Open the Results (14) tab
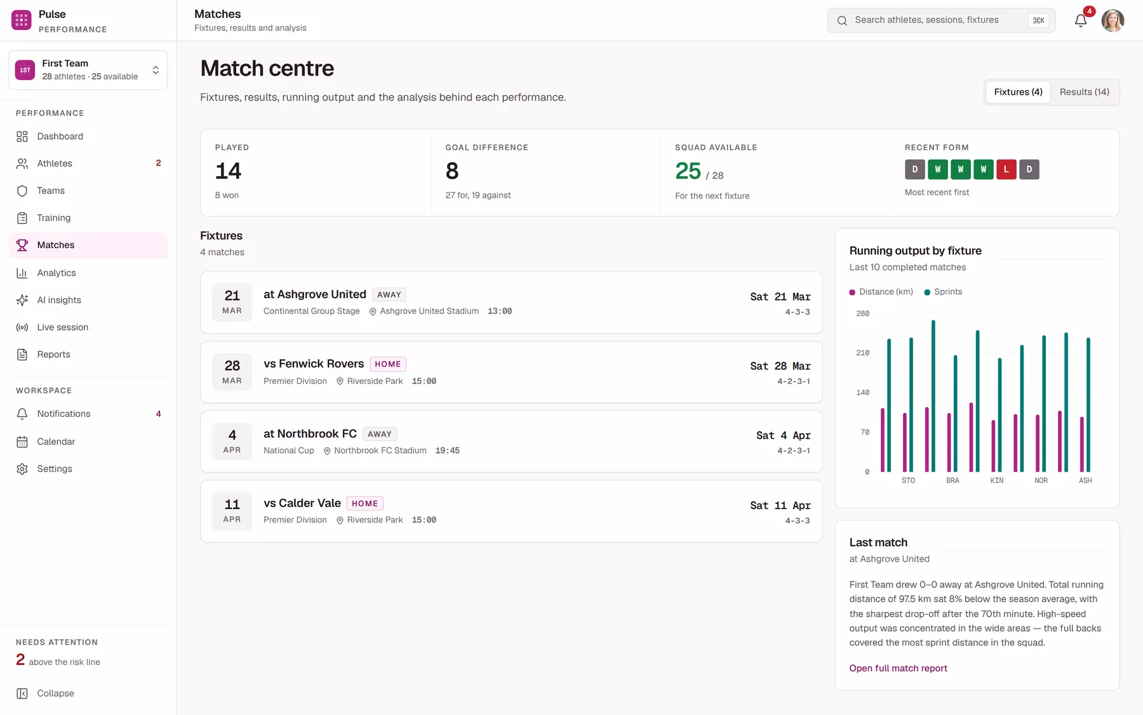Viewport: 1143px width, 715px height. (x=1084, y=92)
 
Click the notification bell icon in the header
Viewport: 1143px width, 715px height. (x=1081, y=21)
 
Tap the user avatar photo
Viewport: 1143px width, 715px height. (x=1113, y=20)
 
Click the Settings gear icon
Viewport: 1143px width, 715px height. (x=22, y=469)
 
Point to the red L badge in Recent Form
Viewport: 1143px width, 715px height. (x=1006, y=169)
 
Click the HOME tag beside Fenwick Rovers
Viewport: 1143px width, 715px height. (x=388, y=364)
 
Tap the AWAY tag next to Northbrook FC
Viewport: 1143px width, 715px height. (x=380, y=434)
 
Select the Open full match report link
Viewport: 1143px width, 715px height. (x=898, y=668)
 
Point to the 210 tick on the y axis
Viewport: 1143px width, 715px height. (x=862, y=353)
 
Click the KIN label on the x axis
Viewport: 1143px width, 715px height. (x=996, y=480)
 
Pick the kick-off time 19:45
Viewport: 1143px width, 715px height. (x=447, y=451)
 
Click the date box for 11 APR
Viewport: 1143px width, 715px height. (x=232, y=511)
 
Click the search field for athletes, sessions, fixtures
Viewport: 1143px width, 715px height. (x=941, y=20)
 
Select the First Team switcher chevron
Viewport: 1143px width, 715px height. (x=156, y=70)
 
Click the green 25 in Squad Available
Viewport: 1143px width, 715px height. (x=688, y=171)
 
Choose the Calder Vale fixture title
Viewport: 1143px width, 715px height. (x=302, y=503)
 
